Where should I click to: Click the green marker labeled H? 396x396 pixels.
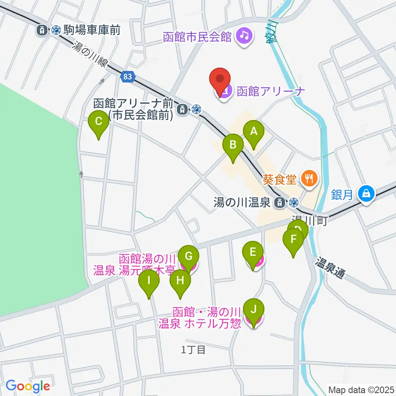click(180, 282)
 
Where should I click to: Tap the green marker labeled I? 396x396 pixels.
click(149, 282)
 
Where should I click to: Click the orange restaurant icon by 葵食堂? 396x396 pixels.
click(308, 178)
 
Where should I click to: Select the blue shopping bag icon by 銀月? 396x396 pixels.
click(366, 193)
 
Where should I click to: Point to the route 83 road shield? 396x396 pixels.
click(128, 76)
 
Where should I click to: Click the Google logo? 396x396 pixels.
click(28, 386)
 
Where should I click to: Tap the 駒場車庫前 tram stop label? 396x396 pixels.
click(91, 30)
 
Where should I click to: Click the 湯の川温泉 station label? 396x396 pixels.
click(242, 203)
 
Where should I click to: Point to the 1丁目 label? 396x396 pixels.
click(193, 350)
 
